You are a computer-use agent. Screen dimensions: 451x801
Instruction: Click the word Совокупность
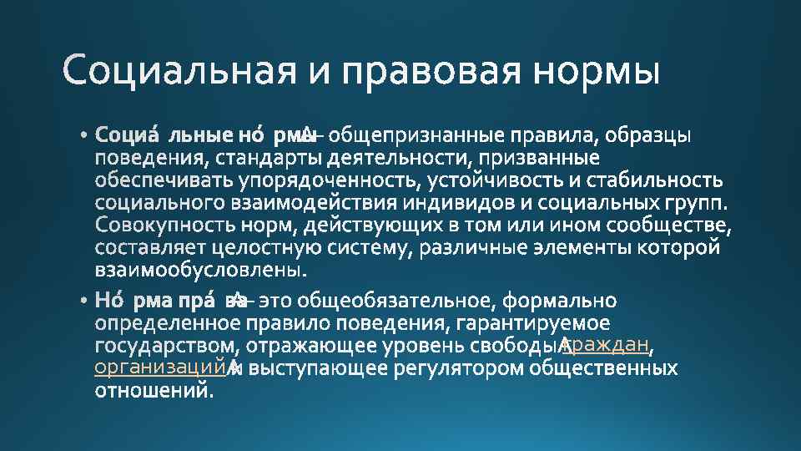(157, 225)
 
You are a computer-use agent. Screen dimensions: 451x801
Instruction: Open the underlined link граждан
(608, 345)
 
